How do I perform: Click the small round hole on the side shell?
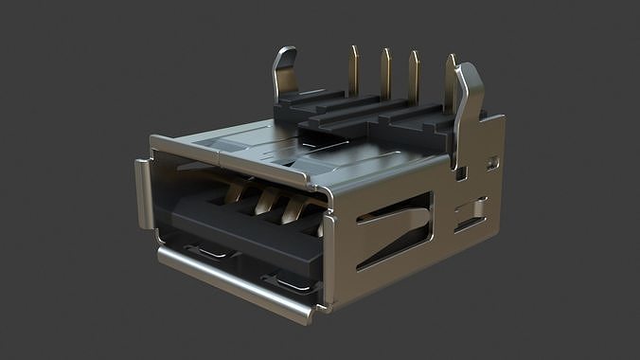(x=491, y=163)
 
